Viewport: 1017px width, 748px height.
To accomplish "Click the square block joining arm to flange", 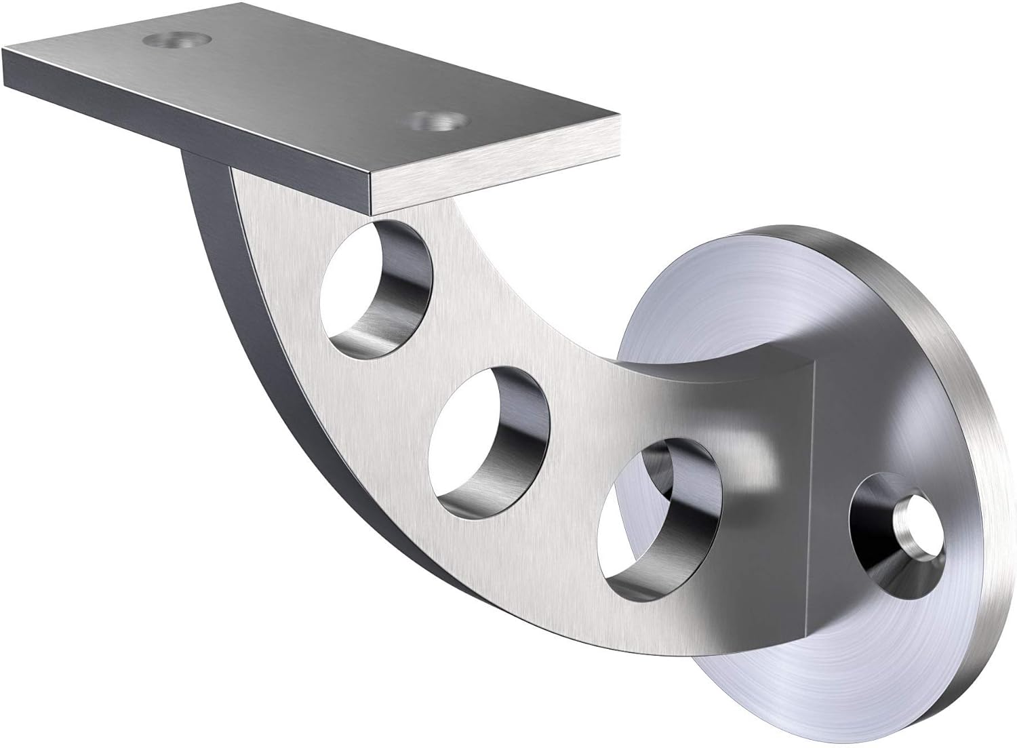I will click(780, 420).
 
